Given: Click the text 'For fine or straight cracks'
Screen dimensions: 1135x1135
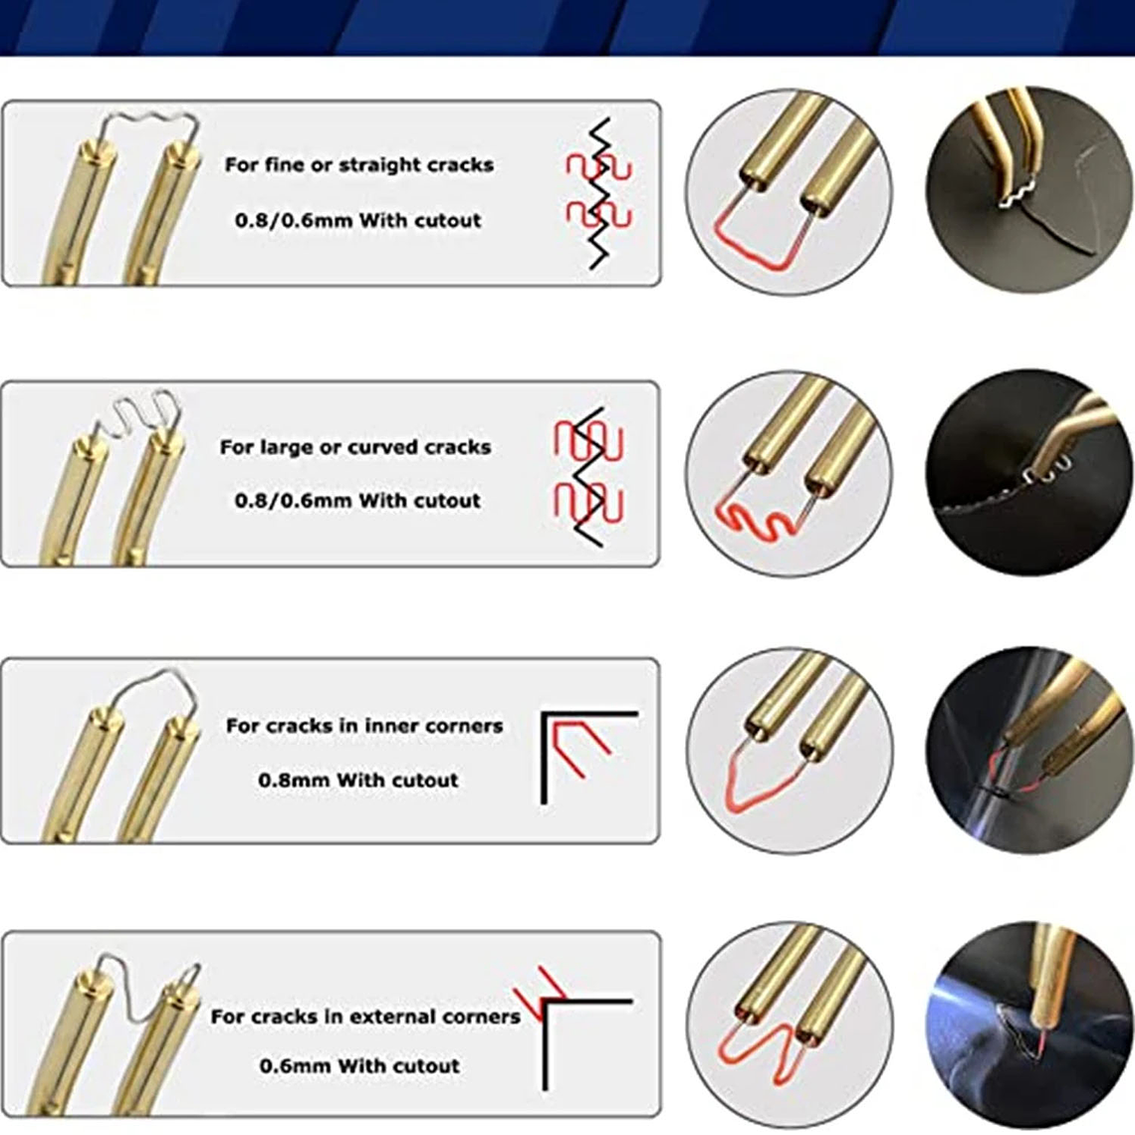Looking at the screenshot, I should pyautogui.click(x=358, y=165).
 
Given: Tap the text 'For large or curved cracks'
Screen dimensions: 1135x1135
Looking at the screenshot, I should pyautogui.click(x=355, y=447).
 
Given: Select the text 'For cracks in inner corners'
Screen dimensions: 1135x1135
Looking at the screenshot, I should pyautogui.click(x=363, y=726).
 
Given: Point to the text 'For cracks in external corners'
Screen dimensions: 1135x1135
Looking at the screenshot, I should pyautogui.click(x=364, y=1017).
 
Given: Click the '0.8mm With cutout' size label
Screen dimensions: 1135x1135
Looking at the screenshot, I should pyautogui.click(x=357, y=780).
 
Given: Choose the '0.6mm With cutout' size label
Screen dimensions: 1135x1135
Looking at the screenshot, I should pyautogui.click(x=358, y=1065).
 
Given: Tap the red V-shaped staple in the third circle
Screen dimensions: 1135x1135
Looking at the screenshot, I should pyautogui.click(x=767, y=787).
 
